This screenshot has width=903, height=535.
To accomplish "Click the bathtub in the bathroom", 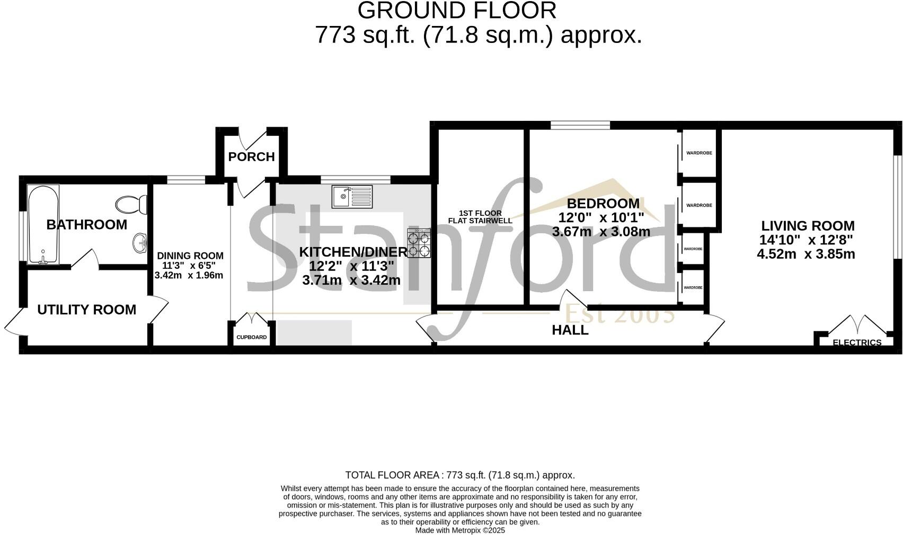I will click(x=43, y=224).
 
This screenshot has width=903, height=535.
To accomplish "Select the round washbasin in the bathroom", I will click(x=140, y=243).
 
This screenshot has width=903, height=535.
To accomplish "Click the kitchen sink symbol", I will click(x=352, y=197).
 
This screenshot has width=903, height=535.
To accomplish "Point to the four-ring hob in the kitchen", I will click(x=419, y=243).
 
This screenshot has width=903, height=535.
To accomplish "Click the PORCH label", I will click(x=251, y=156).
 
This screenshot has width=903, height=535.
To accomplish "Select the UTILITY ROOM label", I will click(x=86, y=310).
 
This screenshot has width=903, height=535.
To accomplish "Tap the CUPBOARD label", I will click(x=251, y=337).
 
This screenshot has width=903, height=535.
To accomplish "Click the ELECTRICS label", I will click(x=857, y=343).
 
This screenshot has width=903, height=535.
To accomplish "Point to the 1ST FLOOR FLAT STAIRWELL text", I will click(x=480, y=217).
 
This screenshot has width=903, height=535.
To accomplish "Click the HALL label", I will click(x=570, y=330).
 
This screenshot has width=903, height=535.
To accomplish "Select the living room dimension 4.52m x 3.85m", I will click(x=805, y=254).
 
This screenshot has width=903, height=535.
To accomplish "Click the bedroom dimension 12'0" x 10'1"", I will click(x=601, y=217).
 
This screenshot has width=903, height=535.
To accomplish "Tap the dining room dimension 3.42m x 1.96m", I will click(x=189, y=275).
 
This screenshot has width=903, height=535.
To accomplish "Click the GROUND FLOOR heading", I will click(x=457, y=11).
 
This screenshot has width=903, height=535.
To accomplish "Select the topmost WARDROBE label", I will click(x=699, y=153).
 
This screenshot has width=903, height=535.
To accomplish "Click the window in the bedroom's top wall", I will click(x=580, y=125).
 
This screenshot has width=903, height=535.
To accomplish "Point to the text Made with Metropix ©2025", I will click(x=459, y=530).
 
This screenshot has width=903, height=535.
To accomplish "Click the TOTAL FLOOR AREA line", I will click(x=459, y=475).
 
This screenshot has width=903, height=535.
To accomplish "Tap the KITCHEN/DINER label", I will click(x=353, y=252).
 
